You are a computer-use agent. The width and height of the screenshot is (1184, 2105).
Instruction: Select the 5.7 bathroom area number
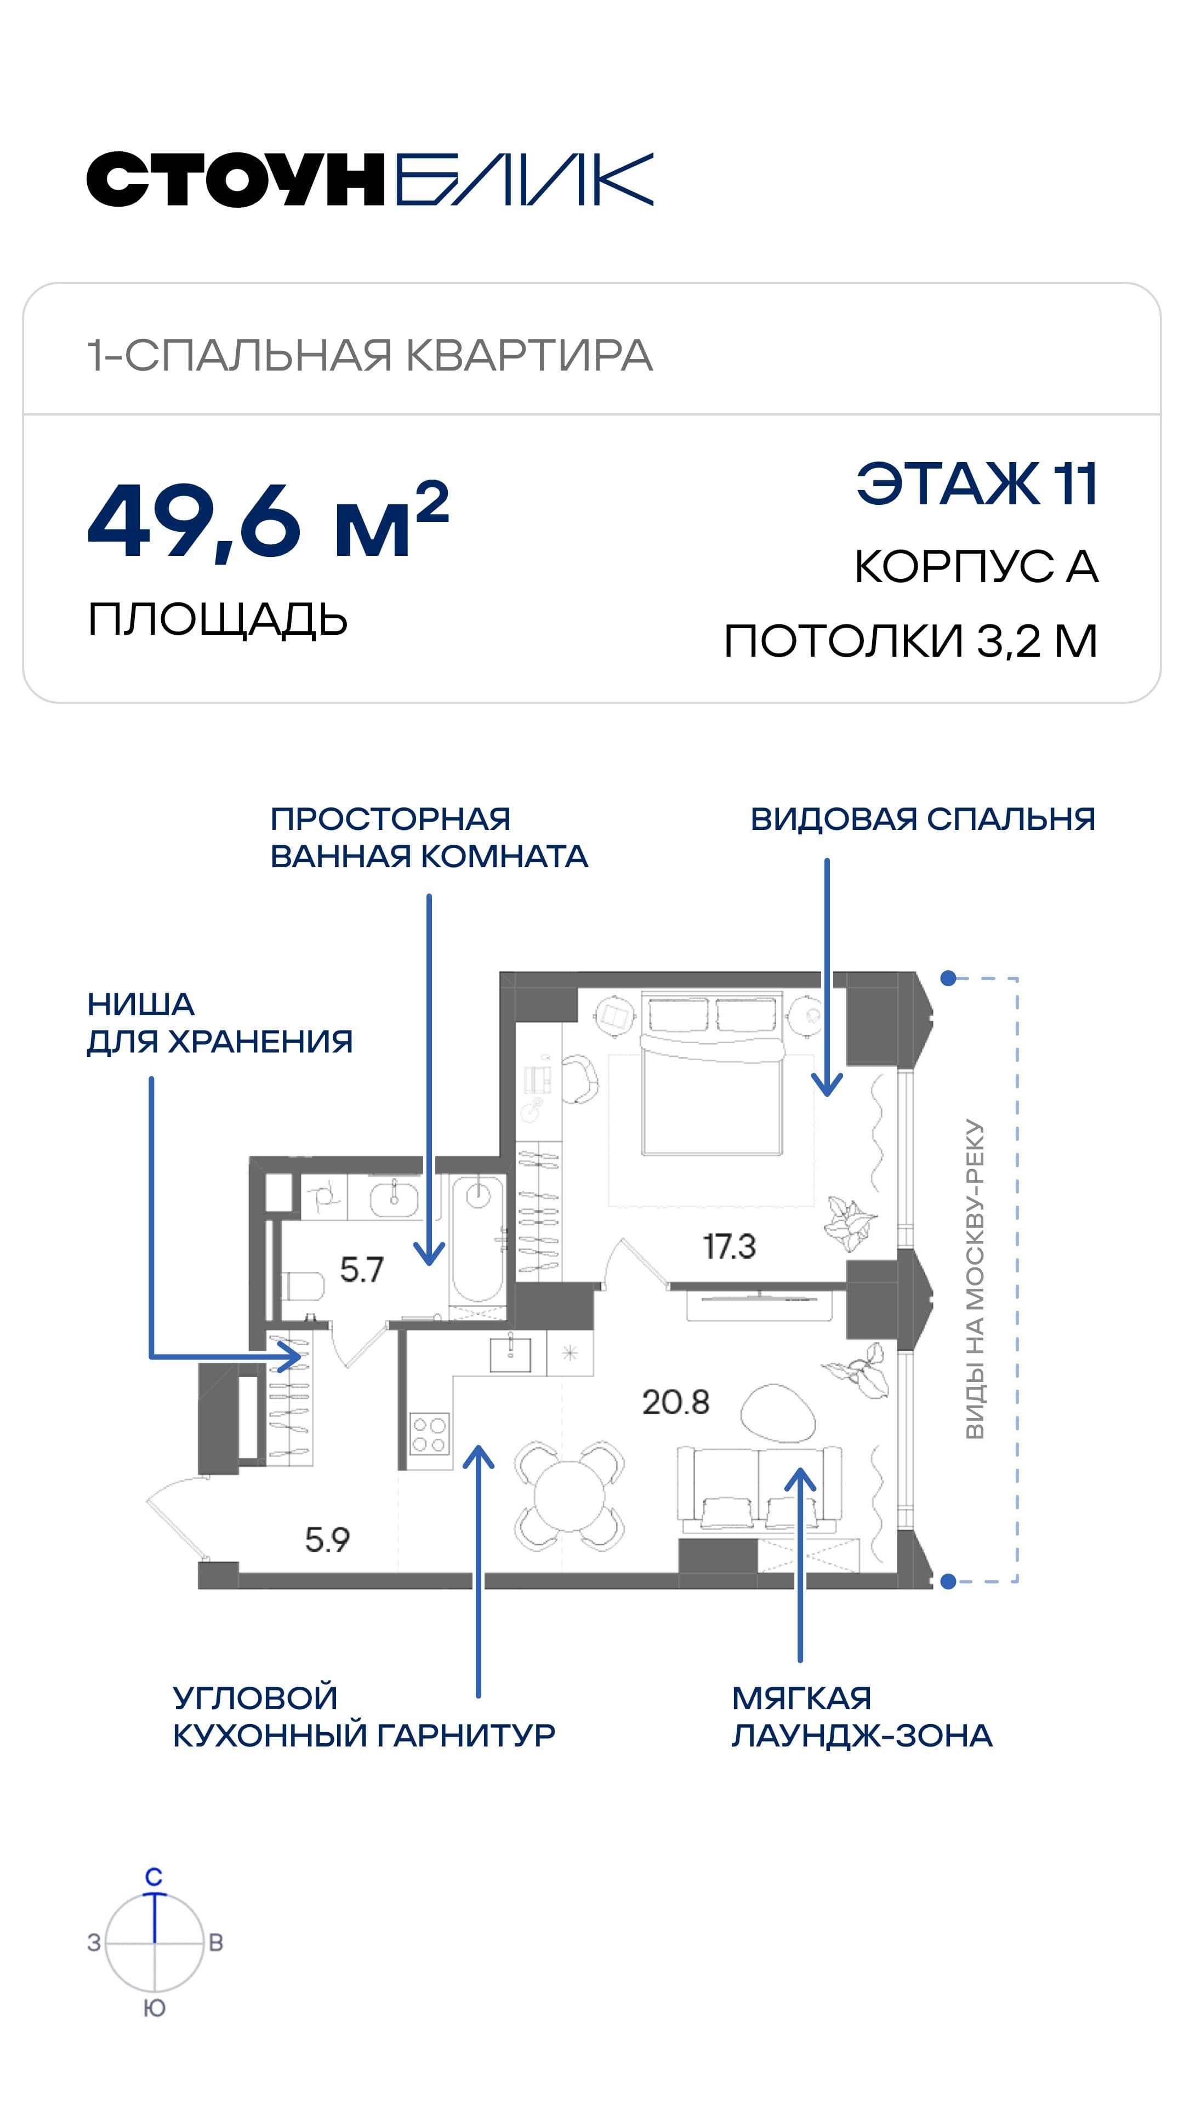[361, 1269]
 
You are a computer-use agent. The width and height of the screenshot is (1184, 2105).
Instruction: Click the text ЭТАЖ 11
[976, 485]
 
